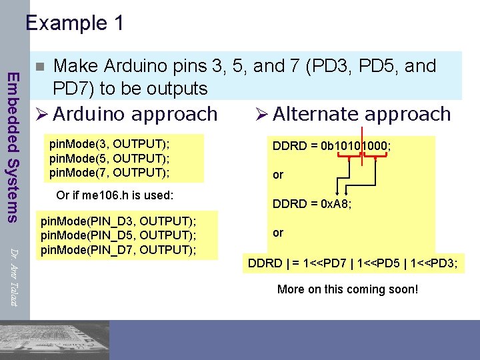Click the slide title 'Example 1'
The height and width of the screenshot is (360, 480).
(x=75, y=23)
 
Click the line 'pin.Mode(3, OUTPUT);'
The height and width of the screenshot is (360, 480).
(x=109, y=145)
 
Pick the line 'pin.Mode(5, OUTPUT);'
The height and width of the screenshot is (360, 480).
(x=109, y=159)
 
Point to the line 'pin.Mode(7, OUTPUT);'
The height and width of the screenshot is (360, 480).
(x=109, y=172)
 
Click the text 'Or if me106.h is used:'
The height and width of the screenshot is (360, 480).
(x=115, y=195)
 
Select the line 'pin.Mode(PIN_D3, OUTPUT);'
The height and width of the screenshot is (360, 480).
(x=119, y=221)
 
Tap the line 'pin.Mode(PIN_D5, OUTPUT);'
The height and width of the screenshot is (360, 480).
(x=119, y=235)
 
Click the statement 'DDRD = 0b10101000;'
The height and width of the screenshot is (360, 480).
(x=331, y=145)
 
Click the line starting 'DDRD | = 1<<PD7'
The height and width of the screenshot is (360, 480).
(x=353, y=263)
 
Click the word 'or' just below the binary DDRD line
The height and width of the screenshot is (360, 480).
(x=278, y=175)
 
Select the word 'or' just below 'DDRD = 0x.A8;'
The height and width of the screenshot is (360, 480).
(x=278, y=233)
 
